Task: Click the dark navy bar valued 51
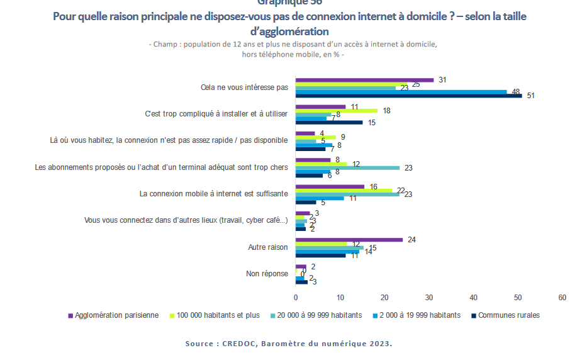coord(409,96)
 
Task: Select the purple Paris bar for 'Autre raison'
coord(349,240)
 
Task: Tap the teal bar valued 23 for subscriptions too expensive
coord(347,168)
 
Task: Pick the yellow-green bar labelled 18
coord(337,111)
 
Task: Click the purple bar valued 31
coord(365,80)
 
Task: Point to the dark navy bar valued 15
coord(329,122)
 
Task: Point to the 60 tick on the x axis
coord(562,297)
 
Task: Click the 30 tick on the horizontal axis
coord(429,297)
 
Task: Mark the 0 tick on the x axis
coord(296,297)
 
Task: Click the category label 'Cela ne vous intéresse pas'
coord(244,87)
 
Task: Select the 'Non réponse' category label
coord(267,274)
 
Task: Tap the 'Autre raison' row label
coord(268,247)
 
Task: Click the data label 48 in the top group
coord(515,92)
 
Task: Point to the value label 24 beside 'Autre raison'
coord(412,240)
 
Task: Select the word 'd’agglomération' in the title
coord(289,31)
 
